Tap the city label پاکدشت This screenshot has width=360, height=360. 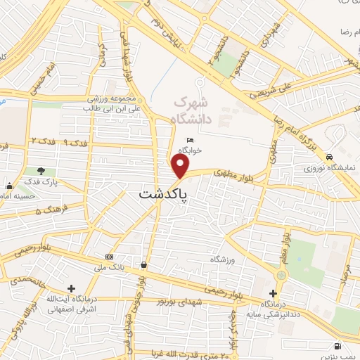click(x=164, y=193)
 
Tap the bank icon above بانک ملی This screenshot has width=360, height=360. click(x=108, y=257)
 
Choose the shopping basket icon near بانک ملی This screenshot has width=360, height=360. click(x=144, y=264)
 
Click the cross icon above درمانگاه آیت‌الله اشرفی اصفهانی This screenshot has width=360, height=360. click(x=71, y=288)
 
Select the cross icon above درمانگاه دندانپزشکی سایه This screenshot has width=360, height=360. click(x=274, y=292)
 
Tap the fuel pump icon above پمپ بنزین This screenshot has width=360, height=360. click(x=338, y=346)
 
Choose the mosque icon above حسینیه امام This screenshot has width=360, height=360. click(x=9, y=186)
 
